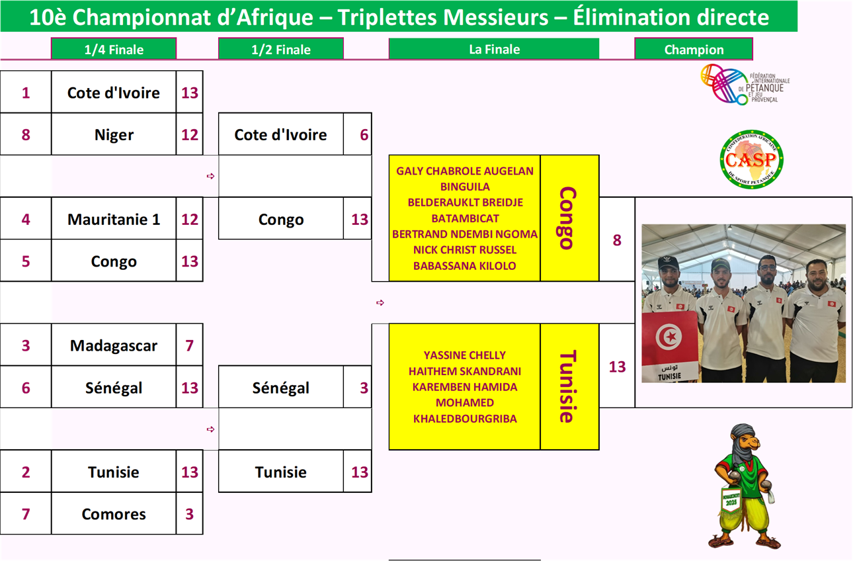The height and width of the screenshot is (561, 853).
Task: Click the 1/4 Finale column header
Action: pyautogui.click(x=114, y=49)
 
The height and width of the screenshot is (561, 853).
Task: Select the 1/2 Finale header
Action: pyautogui.click(x=280, y=49)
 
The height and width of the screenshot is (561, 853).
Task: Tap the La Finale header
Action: pyautogui.click(x=494, y=49)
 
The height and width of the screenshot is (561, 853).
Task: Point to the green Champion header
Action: pyautogui.click(x=694, y=49)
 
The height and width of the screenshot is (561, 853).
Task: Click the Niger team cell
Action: pyautogui.click(x=114, y=135)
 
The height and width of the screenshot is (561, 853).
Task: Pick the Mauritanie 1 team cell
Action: pyautogui.click(x=114, y=219)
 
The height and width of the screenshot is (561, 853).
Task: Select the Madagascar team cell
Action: pyautogui.click(x=114, y=345)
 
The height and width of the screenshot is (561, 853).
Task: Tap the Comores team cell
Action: pyautogui.click(x=114, y=514)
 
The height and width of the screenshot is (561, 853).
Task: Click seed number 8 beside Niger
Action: pyautogui.click(x=26, y=135)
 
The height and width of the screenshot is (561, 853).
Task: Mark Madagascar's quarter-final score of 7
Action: pyautogui.click(x=190, y=345)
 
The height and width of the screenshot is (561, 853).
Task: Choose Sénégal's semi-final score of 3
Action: pyautogui.click(x=364, y=388)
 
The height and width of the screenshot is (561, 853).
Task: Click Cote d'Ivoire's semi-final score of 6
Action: pyautogui.click(x=364, y=135)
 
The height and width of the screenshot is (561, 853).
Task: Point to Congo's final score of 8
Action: pyautogui.click(x=617, y=240)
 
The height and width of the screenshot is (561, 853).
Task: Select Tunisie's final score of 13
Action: pyautogui.click(x=617, y=367)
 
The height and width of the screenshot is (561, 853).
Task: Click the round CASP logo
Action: pyautogui.click(x=751, y=159)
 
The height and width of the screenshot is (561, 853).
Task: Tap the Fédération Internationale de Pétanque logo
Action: pyautogui.click(x=745, y=85)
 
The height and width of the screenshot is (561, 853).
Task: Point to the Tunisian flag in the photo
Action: pyautogui.click(x=669, y=339)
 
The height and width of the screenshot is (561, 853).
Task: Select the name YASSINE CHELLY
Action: pyautogui.click(x=465, y=355)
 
